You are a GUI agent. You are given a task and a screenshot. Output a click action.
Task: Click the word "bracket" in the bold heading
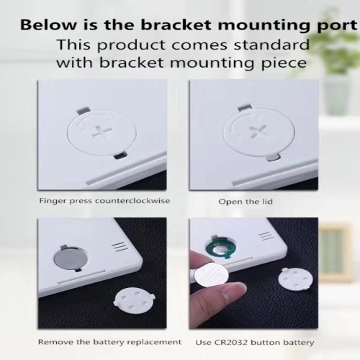coord(176,24)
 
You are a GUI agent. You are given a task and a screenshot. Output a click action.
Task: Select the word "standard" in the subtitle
coord(271,45)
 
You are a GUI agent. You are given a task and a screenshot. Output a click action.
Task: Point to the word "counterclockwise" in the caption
coord(132,201)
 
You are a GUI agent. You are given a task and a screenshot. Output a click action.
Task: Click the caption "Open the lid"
coord(246,201)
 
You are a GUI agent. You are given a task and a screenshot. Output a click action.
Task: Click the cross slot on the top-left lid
coord(102,132)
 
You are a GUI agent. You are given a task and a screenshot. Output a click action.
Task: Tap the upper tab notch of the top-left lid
coord(83,111)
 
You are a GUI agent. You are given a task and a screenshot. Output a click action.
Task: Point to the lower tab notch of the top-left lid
coord(120,156)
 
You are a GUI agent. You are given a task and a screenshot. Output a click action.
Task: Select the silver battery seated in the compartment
coord(70,258)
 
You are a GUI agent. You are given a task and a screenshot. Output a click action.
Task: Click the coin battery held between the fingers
coord(211,275)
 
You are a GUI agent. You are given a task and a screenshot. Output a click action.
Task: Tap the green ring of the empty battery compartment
coord(219,250)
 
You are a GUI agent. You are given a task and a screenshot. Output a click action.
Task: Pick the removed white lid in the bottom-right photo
coord(296,279)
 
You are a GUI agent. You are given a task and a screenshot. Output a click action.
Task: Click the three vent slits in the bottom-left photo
coord(120,247)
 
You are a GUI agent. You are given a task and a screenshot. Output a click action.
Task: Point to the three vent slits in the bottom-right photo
coord(266,237)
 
